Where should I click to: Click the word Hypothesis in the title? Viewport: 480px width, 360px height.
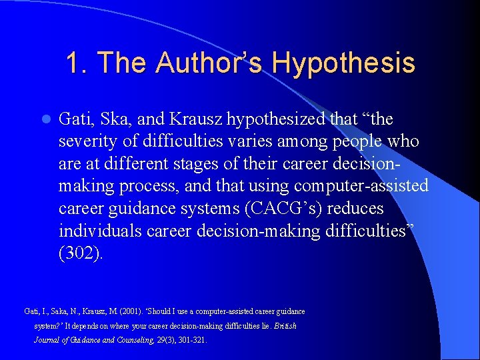343,63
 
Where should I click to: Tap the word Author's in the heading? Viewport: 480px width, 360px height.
211,63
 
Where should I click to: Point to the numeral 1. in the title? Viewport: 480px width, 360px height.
77,63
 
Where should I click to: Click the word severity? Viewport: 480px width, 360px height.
88,142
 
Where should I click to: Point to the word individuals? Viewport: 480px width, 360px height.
100,231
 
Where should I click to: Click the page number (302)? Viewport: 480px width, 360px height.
81,254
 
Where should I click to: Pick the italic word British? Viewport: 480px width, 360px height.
285,326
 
